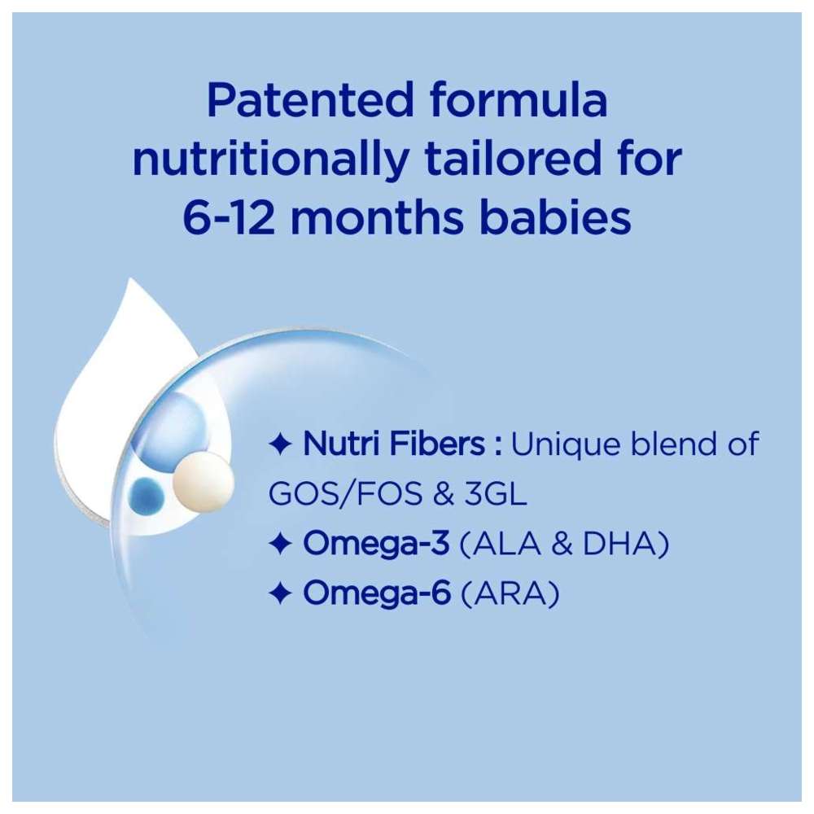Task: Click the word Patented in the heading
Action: tap(310, 99)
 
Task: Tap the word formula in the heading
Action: tap(519, 98)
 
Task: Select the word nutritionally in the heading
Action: tap(270, 159)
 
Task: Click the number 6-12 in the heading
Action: tap(229, 217)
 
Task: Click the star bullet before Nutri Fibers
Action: tap(281, 445)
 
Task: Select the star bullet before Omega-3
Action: tap(281, 544)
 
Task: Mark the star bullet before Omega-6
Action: tap(281, 593)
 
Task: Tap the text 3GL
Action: tap(495, 493)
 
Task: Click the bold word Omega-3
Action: tap(376, 544)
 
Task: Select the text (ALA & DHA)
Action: tap(564, 544)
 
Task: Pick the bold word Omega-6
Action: tap(377, 593)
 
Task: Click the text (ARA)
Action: tap(510, 593)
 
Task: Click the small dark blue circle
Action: tap(146, 495)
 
